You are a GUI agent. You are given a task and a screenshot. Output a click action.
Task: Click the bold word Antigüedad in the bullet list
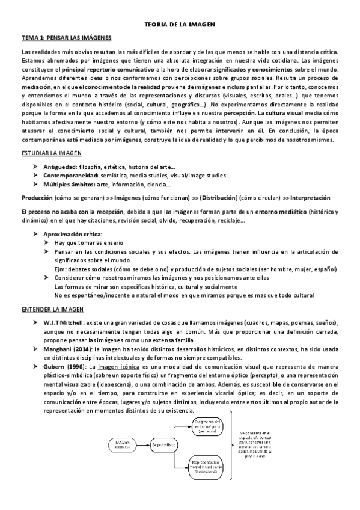coord(59,166)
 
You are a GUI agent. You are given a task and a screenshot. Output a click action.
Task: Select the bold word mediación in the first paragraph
coord(36,88)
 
